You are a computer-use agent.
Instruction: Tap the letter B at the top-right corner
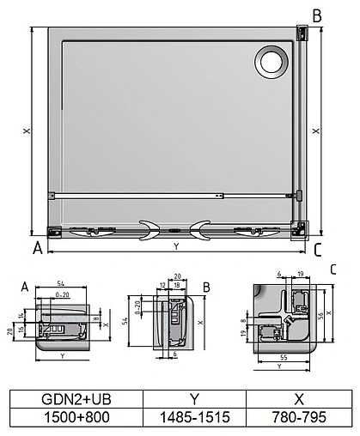point(317,15)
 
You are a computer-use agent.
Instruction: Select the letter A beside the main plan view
point(37,250)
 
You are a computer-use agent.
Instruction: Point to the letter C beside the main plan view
point(318,251)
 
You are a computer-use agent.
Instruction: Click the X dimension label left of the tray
point(27,131)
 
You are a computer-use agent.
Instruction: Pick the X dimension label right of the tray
point(316,131)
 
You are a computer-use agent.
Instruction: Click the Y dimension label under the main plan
point(176,247)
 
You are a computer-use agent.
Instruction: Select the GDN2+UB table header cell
point(74,397)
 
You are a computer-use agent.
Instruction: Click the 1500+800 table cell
point(74,416)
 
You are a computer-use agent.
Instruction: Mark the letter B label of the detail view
point(206,286)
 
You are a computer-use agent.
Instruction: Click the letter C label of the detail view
point(333,269)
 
